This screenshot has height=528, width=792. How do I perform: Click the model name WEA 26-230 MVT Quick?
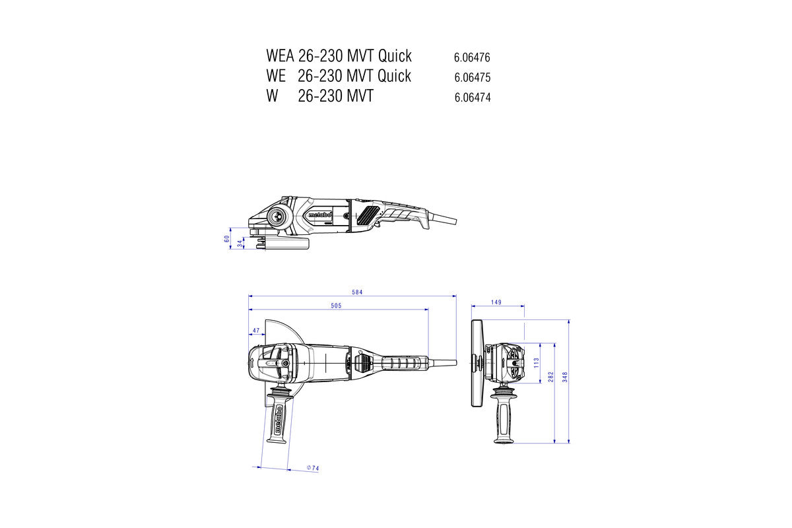[339, 55]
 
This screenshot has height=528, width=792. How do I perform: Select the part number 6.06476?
[472, 57]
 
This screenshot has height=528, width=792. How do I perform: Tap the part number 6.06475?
[472, 77]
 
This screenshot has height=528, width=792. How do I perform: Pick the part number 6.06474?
[472, 98]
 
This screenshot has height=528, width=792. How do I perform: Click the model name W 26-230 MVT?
[319, 96]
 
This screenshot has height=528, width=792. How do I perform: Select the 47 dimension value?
[255, 330]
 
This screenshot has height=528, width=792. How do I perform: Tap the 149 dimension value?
[496, 302]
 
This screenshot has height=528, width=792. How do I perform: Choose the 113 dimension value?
[536, 362]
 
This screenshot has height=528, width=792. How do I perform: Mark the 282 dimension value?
[550, 376]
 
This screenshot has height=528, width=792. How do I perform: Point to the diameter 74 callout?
[313, 468]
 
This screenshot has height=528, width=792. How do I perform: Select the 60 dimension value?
[227, 238]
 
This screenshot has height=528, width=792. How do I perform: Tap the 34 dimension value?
[240, 244]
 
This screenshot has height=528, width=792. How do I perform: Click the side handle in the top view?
[279, 416]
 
